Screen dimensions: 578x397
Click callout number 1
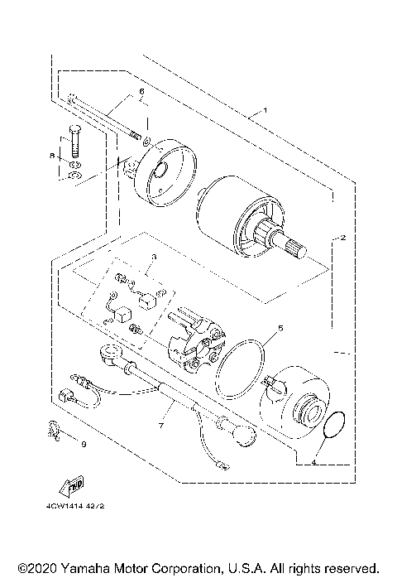click(265, 110)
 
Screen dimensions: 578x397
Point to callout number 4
click(337, 464)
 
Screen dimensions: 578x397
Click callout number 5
click(280, 329)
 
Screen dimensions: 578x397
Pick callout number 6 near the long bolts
click(141, 91)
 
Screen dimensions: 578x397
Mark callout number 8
click(51, 155)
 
